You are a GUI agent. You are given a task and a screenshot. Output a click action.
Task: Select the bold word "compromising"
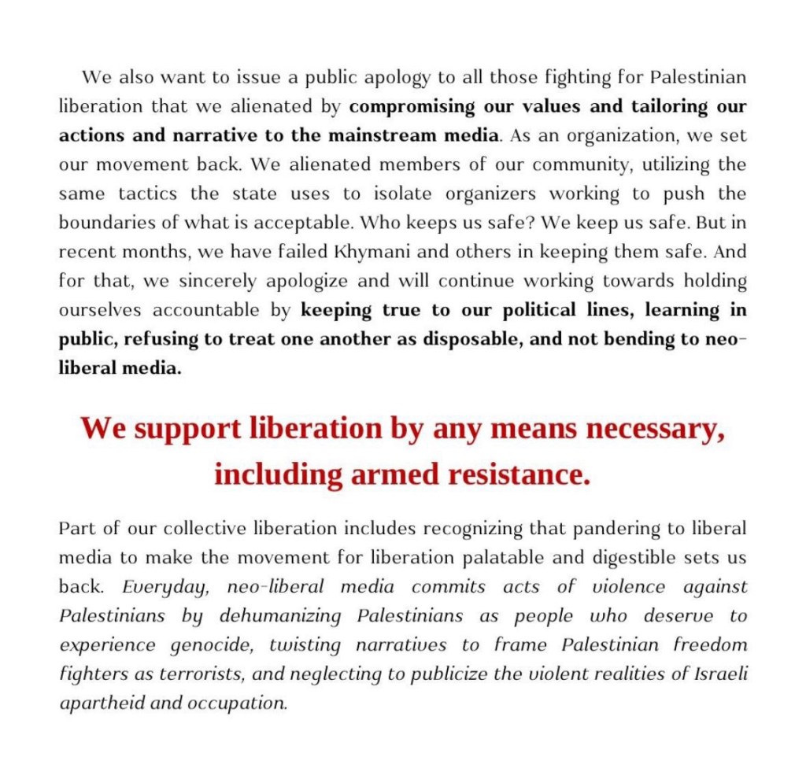pyautogui.click(x=412, y=106)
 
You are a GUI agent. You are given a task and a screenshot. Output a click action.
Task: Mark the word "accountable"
pyautogui.click(x=209, y=310)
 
